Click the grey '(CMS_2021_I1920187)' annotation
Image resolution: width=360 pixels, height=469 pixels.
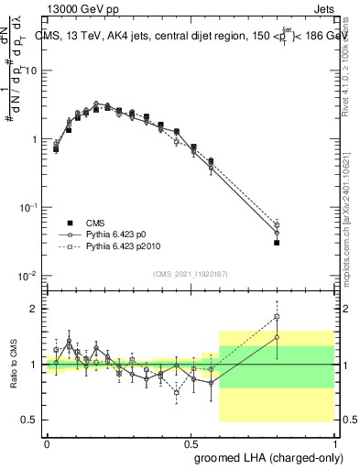coord(191,273)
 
